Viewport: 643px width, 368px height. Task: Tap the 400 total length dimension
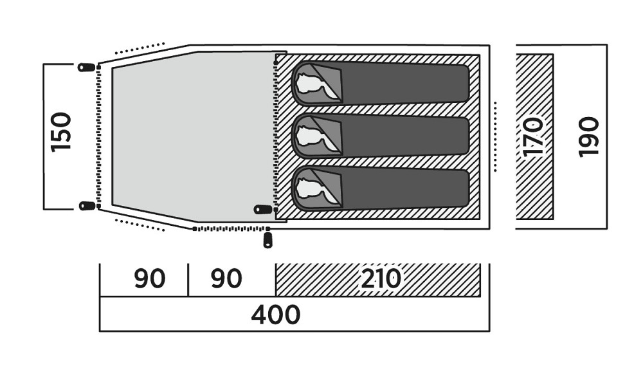click(276, 315)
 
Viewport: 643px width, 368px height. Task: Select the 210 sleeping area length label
click(381, 279)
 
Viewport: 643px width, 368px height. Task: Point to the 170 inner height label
click(534, 136)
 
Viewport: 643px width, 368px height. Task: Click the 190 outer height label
click(588, 136)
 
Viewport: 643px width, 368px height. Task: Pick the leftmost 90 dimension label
click(150, 279)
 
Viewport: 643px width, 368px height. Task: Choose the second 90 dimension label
click(226, 279)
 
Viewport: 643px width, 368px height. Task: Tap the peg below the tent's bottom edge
click(267, 240)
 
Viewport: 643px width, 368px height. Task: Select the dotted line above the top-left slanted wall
click(140, 48)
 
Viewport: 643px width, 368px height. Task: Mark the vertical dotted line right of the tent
click(496, 136)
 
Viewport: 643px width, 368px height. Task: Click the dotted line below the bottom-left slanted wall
click(140, 225)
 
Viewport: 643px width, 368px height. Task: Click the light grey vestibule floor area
click(186, 135)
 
